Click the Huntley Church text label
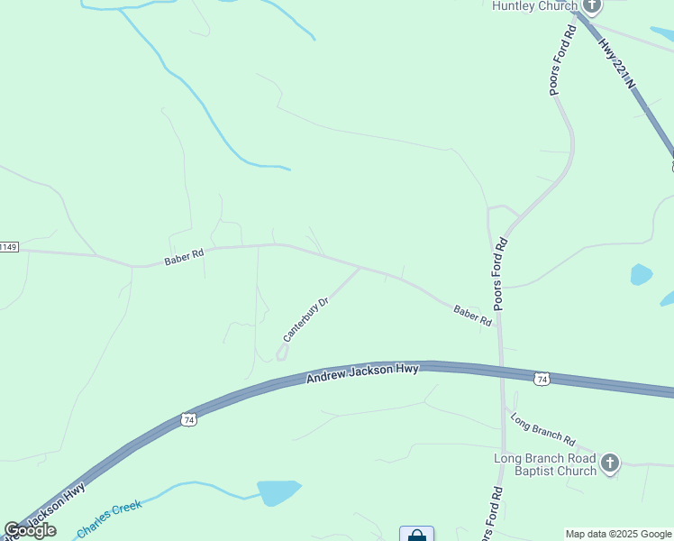click(533, 6)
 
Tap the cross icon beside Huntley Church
click(591, 5)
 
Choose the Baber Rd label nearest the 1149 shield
click(184, 257)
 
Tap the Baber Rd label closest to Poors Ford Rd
click(473, 316)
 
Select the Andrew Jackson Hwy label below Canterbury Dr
click(362, 372)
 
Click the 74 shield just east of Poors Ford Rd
click(541, 379)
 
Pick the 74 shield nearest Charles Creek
click(187, 420)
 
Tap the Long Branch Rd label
click(542, 430)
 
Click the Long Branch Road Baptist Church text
click(545, 464)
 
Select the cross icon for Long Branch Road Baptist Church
click(610, 463)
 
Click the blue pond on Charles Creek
click(278, 492)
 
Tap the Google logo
click(31, 530)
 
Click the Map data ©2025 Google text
click(618, 534)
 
